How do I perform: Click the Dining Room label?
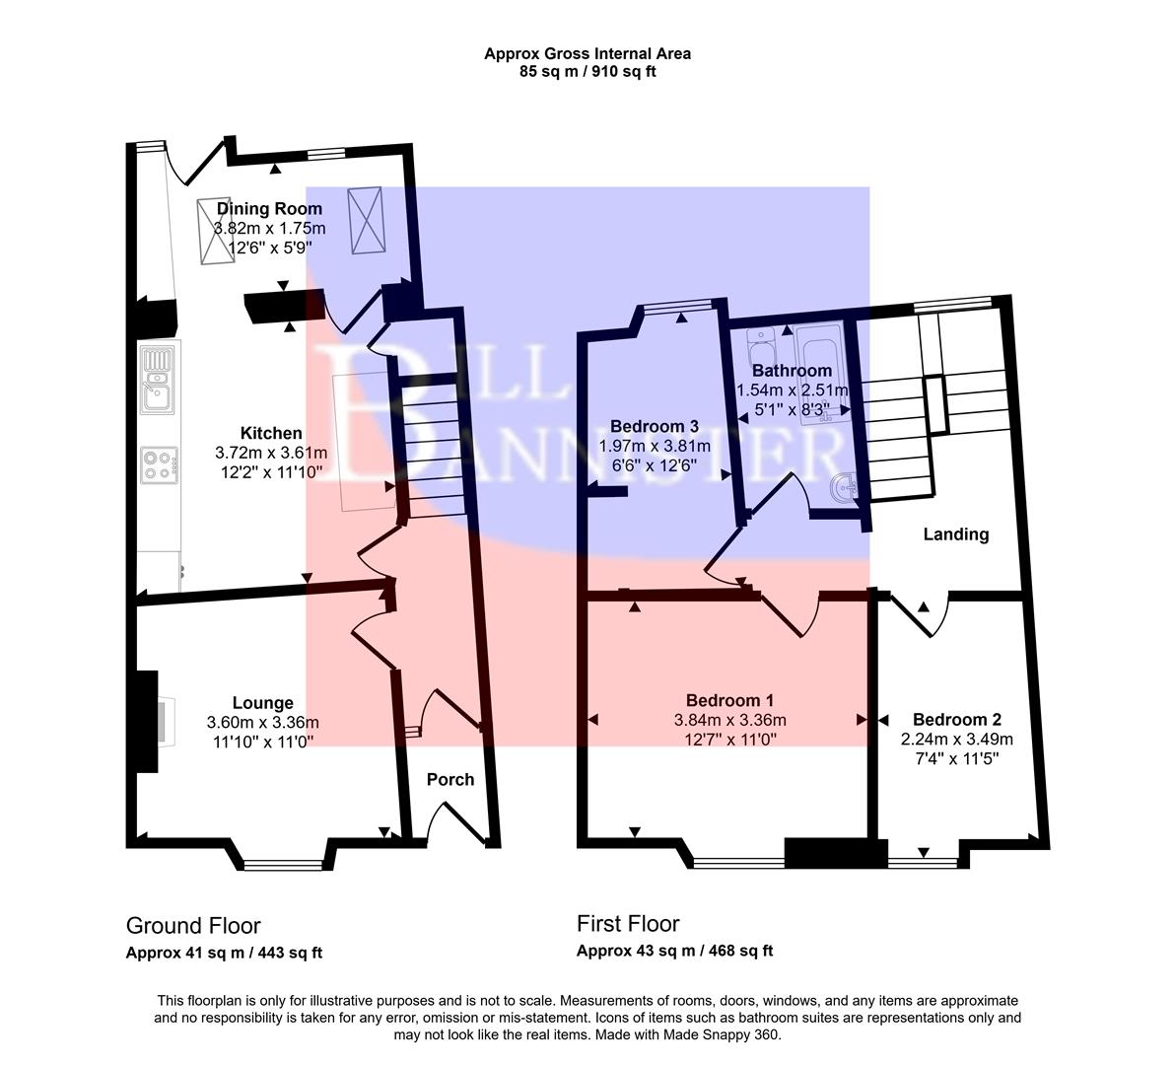(x=269, y=209)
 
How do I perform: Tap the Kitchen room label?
(x=271, y=433)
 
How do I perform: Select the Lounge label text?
(x=262, y=703)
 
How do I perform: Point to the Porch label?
(x=450, y=779)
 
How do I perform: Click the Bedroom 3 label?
(x=655, y=426)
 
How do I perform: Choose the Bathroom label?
(x=792, y=371)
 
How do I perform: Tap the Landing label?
(x=955, y=534)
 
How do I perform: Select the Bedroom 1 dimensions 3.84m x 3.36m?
(x=729, y=720)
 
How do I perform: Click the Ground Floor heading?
(x=193, y=926)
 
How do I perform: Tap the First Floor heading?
(x=628, y=924)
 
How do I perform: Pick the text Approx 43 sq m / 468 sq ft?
(x=674, y=952)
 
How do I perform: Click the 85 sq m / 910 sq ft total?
(x=587, y=72)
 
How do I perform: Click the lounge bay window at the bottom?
(x=283, y=865)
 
